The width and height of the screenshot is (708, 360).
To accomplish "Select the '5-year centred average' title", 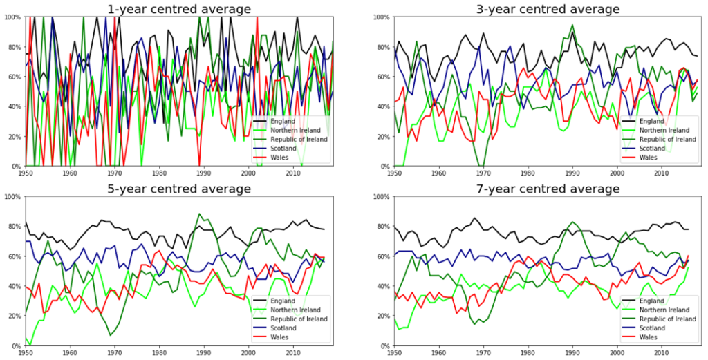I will click(179, 188).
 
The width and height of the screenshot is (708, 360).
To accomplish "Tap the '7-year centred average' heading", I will click(548, 188).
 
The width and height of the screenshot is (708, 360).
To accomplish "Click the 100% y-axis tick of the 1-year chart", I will click(14, 17).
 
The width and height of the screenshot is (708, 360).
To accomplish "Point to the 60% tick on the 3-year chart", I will click(382, 77).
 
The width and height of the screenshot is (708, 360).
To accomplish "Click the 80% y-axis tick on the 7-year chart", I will click(382, 227).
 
